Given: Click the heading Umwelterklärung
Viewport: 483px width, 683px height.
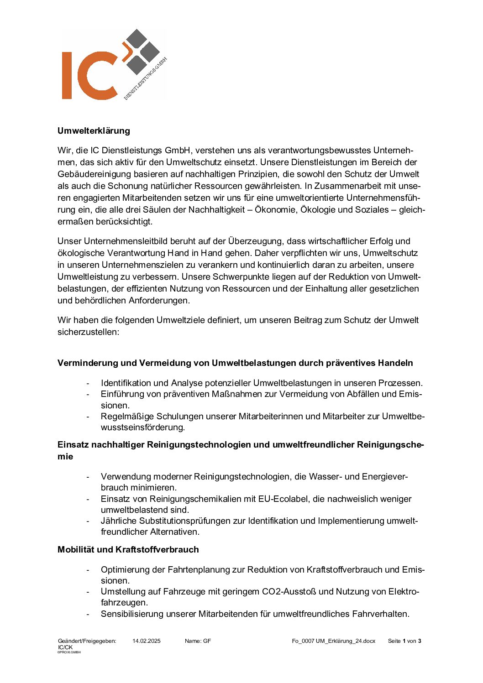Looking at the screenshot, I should pyautogui.click(x=94, y=131).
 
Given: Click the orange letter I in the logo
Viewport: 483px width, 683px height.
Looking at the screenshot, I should pyautogui.click(x=67, y=75).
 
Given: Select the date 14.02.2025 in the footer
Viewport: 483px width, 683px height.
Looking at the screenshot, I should pyautogui.click(x=147, y=641).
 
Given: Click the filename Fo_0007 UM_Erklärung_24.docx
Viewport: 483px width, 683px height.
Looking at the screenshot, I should pyautogui.click(x=333, y=641).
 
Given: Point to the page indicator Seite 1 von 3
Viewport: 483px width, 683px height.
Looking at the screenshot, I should pyautogui.click(x=404, y=641).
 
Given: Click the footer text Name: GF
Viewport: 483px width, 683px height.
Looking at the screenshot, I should pyautogui.click(x=198, y=641).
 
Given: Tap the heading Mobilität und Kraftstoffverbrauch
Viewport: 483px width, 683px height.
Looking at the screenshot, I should pyautogui.click(x=128, y=549).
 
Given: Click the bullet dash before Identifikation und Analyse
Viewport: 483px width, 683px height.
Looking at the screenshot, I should pyautogui.click(x=88, y=383).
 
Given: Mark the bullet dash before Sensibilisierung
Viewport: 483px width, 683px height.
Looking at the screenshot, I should pyautogui.click(x=88, y=614).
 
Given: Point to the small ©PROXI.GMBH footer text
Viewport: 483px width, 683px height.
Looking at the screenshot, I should pyautogui.click(x=69, y=652).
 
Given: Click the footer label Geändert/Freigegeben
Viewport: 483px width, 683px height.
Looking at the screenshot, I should pyautogui.click(x=87, y=641).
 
